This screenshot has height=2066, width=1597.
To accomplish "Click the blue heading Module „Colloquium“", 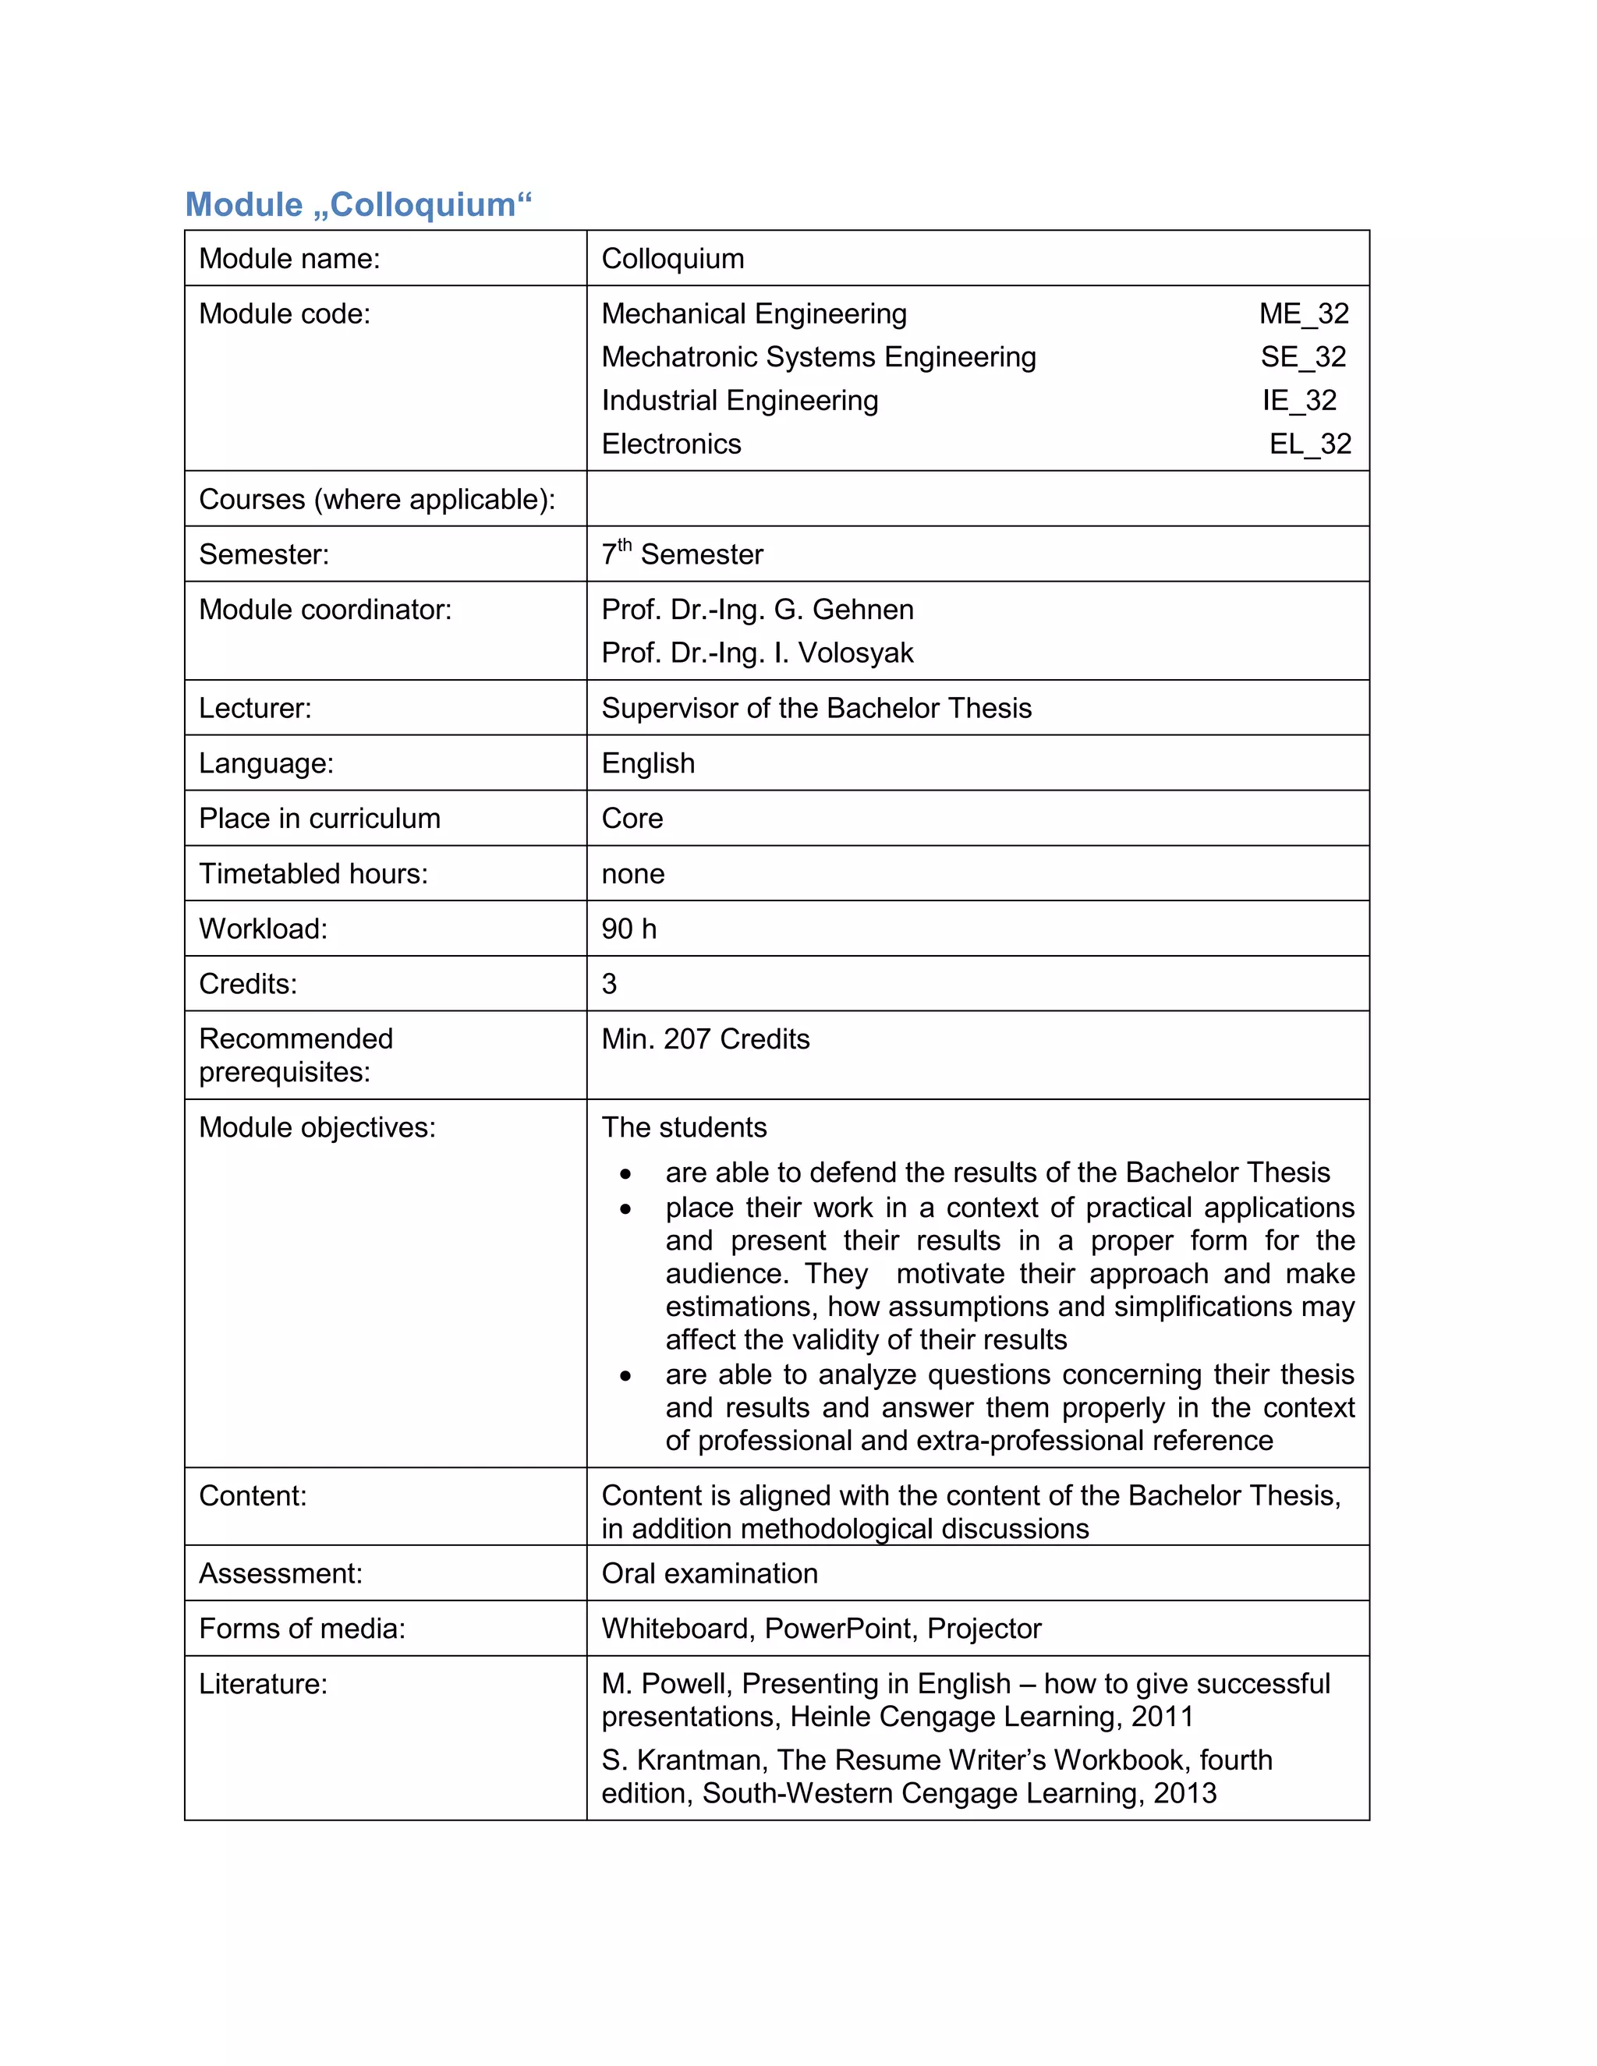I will pyautogui.click(x=359, y=204).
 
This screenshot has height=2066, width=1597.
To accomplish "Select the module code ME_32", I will pyautogui.click(x=1303, y=313).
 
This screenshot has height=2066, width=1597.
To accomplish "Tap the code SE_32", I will pyautogui.click(x=1303, y=356).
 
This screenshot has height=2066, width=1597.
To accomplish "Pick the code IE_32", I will pyautogui.click(x=1299, y=400).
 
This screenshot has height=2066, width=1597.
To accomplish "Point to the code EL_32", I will pyautogui.click(x=1309, y=444).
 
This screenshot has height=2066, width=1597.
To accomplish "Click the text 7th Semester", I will pyautogui.click(x=682, y=554).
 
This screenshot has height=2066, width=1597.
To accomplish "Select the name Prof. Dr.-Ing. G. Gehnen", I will pyautogui.click(x=757, y=609).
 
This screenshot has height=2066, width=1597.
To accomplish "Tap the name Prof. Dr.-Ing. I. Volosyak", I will pyautogui.click(x=757, y=653).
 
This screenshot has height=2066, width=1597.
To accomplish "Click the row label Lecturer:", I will pyautogui.click(x=254, y=708).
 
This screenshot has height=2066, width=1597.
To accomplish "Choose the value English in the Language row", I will pyautogui.click(x=648, y=762).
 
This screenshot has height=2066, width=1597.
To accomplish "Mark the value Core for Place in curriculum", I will pyautogui.click(x=632, y=819).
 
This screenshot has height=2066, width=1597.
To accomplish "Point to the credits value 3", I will pyautogui.click(x=609, y=984).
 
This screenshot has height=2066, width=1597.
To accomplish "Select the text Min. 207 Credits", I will pyautogui.click(x=705, y=1038).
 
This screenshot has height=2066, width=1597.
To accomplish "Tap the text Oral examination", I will pyautogui.click(x=710, y=1573).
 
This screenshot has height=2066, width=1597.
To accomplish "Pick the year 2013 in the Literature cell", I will pyautogui.click(x=1184, y=1792).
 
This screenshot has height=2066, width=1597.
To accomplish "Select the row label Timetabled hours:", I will pyautogui.click(x=313, y=873).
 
